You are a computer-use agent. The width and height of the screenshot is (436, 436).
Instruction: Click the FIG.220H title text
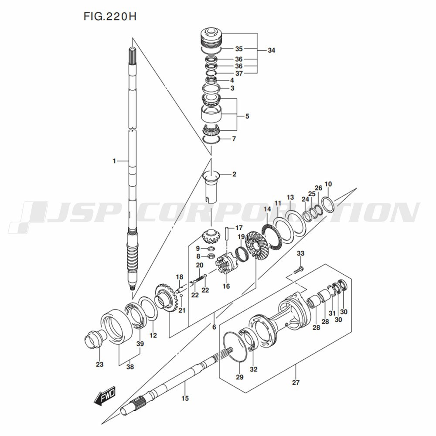[x=110, y=17]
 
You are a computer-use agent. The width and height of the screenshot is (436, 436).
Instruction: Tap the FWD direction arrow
[x=105, y=395]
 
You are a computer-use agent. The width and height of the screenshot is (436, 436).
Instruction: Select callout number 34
[x=271, y=50]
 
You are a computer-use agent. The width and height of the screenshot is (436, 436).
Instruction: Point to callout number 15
[x=185, y=398]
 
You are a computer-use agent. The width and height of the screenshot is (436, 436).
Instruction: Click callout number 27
[x=296, y=382]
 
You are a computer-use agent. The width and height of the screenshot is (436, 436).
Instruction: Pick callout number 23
[x=99, y=364]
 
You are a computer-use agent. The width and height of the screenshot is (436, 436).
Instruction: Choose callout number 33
[x=300, y=253]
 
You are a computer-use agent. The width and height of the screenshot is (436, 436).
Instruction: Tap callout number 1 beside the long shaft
[x=114, y=161]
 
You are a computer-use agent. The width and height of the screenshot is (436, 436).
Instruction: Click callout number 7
[x=234, y=139]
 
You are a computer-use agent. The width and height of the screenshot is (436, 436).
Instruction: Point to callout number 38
[x=130, y=367]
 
